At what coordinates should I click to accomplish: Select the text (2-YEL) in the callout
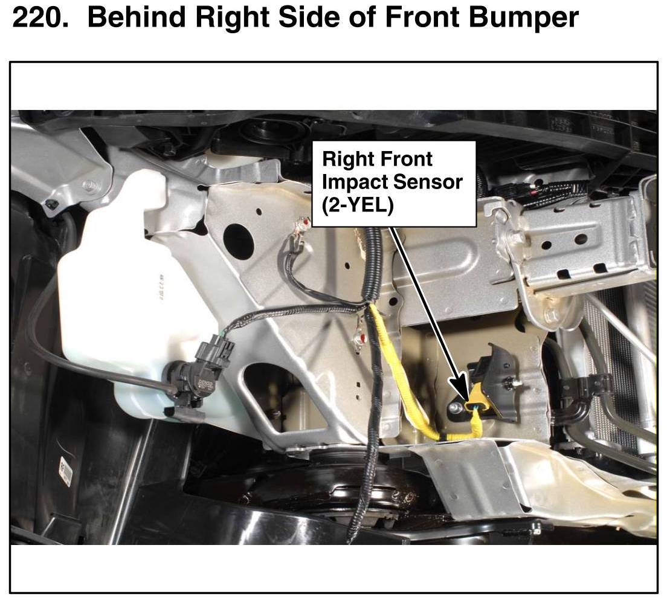click(x=358, y=206)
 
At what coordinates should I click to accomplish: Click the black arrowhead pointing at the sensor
click(x=461, y=389)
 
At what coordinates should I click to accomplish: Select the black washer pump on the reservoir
click(x=198, y=375)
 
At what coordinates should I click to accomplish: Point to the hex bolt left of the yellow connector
click(x=454, y=408)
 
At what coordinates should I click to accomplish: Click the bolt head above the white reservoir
click(x=91, y=185)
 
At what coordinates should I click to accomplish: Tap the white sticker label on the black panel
click(x=65, y=471)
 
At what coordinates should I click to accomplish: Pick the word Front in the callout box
click(x=406, y=159)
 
